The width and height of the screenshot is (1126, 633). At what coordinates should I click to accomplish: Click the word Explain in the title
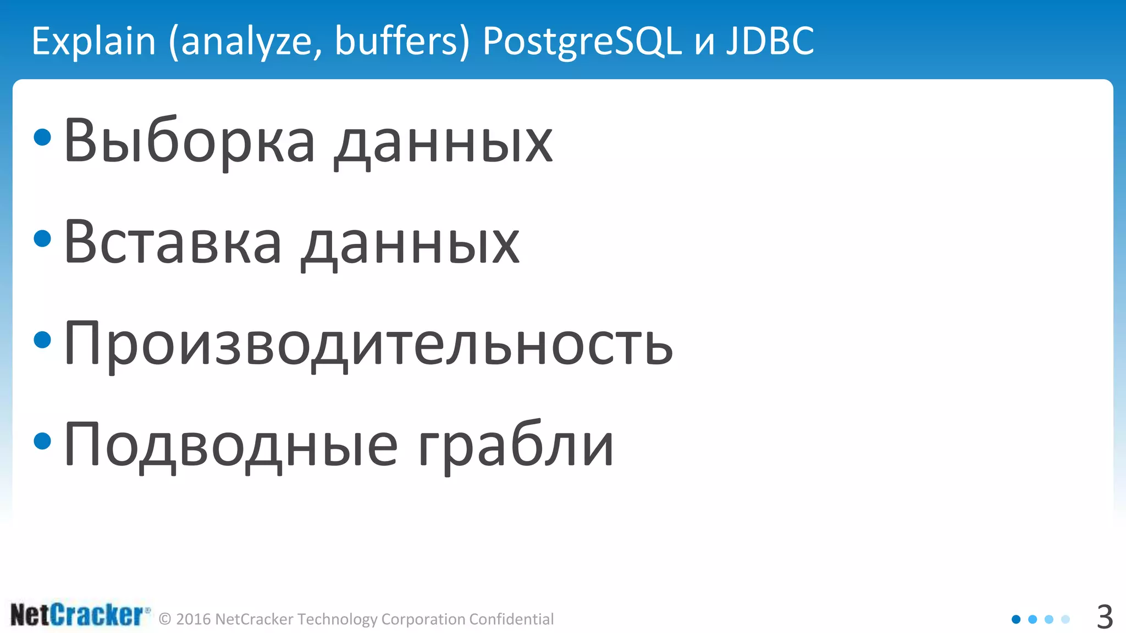[x=94, y=41]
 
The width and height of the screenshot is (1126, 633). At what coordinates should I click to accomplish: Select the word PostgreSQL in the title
[x=582, y=41]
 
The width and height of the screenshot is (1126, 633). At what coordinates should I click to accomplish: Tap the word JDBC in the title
[x=770, y=41]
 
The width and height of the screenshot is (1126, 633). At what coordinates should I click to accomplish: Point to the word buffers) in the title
[x=402, y=41]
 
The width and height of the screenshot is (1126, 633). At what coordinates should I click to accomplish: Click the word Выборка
[x=189, y=141]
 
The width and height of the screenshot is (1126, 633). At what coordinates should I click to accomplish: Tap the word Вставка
[x=173, y=243]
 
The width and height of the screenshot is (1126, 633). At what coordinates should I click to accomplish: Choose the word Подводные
[x=231, y=446]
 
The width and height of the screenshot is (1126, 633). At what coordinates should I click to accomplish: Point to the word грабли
[x=516, y=446]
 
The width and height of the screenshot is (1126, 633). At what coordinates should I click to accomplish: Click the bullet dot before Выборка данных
[x=42, y=137]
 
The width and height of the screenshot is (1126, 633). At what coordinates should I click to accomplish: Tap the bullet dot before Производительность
[x=42, y=340]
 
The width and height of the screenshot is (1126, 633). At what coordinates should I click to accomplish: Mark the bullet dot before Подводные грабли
[x=42, y=441]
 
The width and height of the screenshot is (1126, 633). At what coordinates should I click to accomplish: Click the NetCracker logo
[x=80, y=615]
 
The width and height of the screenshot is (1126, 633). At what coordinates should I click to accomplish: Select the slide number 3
[x=1105, y=617]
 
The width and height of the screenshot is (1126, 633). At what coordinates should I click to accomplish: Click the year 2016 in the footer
[x=194, y=619]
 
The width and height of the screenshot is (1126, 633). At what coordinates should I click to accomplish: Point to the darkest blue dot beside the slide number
[x=1016, y=619]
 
